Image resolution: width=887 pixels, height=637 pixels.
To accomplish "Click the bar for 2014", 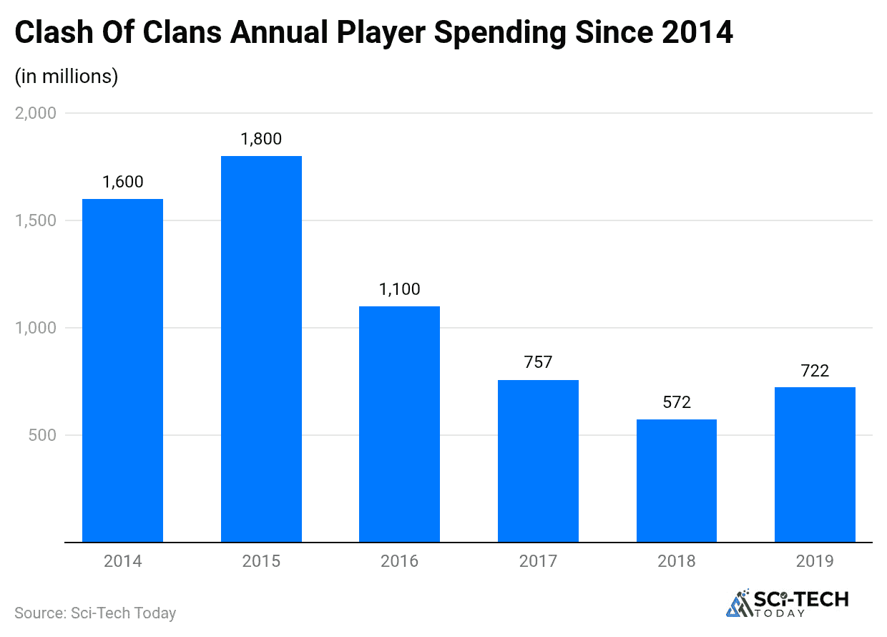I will coord(122,370).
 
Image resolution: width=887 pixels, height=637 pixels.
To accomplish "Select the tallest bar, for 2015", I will coord(261,349).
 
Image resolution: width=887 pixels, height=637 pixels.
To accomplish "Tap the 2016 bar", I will coord(399,424).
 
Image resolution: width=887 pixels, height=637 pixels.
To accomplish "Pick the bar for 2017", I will coord(538,461).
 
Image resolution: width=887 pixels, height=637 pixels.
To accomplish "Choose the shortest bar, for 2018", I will coord(676,480).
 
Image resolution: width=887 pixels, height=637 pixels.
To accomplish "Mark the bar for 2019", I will coord(815,465).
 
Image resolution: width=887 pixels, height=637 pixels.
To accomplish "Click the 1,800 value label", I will coord(261,140).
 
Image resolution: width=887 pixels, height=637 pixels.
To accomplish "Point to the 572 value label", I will coord(676,403).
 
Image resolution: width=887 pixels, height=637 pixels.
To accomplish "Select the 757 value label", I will coord(538,363).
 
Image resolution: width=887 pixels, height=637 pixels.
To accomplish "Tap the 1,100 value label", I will coord(399,290).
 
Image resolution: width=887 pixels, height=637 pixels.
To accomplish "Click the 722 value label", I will coord(815,371).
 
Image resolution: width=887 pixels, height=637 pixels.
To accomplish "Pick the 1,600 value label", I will coord(122,183).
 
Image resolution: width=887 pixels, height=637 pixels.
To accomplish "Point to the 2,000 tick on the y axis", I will coord(35,113).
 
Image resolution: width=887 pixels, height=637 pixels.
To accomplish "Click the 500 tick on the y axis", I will coord(42,435).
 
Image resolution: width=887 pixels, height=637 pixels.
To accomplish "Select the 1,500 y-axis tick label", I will coord(35,220).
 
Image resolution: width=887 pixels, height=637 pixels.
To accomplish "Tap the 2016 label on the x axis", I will coord(399,561).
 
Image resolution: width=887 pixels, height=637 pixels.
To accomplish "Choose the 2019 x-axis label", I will coord(815,561).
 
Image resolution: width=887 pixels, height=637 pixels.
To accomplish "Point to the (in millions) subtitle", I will coord(67,76).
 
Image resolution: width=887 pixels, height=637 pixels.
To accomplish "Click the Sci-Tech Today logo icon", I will coord(739,603).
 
